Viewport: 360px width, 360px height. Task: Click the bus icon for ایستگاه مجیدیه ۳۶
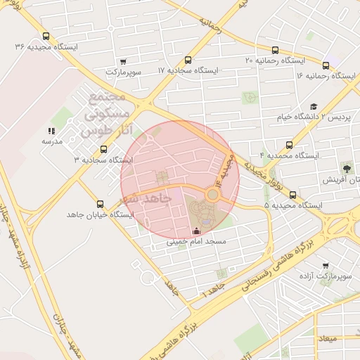pyautogui.click(x=46, y=37)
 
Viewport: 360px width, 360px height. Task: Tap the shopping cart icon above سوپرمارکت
pyautogui.click(x=124, y=62)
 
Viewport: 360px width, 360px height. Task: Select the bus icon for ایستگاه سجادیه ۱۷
pyautogui.click(x=187, y=60)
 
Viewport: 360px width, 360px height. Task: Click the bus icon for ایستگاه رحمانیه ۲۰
pyautogui.click(x=275, y=51)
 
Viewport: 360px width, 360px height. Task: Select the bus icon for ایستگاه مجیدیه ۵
pyautogui.click(x=292, y=196)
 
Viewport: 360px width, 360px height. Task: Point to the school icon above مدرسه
pyautogui.click(x=51, y=131)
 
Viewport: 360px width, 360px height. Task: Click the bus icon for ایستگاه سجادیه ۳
pyautogui.click(x=104, y=149)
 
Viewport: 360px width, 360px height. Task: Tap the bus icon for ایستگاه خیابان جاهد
pyautogui.click(x=100, y=203)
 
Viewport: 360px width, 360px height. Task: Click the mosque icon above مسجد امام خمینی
pyautogui.click(x=195, y=231)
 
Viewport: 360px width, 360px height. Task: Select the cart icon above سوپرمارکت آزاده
pyautogui.click(x=325, y=266)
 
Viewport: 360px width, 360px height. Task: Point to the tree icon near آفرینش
pyautogui.click(x=347, y=168)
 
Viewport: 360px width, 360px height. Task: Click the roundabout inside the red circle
pyautogui.click(x=212, y=193)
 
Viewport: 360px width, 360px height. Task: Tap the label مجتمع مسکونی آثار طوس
pyautogui.click(x=104, y=113)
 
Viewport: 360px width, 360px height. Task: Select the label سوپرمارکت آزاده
pyautogui.click(x=324, y=276)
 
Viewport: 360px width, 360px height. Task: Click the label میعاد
pyautogui.click(x=328, y=339)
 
